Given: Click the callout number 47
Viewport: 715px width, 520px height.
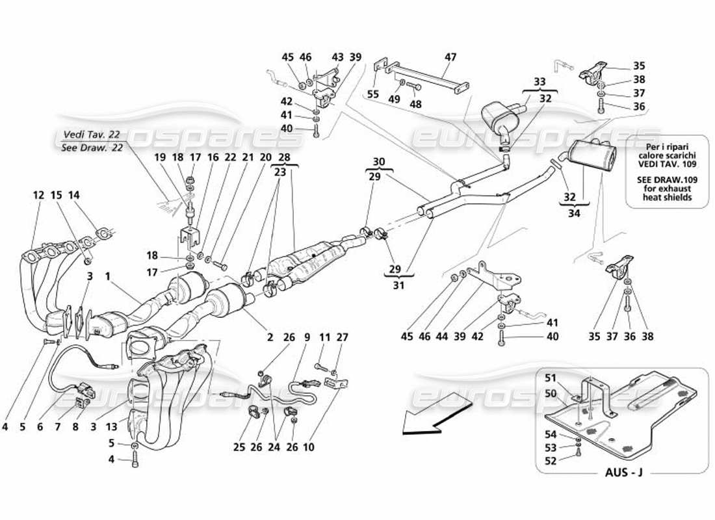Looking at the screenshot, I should (450, 57).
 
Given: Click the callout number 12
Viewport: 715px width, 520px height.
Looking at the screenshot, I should (39, 194).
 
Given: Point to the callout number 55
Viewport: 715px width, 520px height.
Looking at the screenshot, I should (372, 94).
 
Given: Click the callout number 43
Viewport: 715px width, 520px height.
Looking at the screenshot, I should (337, 57).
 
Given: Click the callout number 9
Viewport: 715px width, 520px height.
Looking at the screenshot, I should (307, 337).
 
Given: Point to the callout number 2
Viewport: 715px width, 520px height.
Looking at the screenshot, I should (268, 337).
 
